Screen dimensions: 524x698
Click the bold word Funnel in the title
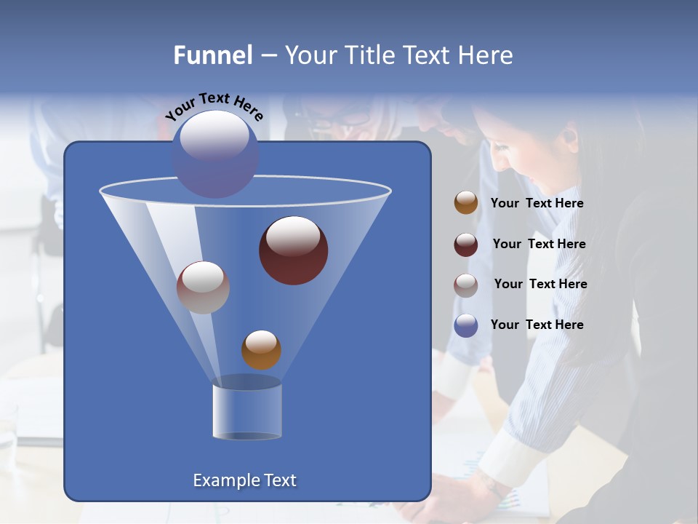tap(213, 55)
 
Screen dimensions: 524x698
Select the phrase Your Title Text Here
tap(398, 55)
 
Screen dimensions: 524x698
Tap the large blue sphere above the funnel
tap(214, 154)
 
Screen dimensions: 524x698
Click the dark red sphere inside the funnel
tap(293, 250)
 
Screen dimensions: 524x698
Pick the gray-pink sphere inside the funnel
tap(203, 287)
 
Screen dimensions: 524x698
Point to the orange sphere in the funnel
tap(261, 350)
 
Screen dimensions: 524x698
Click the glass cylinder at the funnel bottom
tap(246, 412)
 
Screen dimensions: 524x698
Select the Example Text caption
tap(244, 480)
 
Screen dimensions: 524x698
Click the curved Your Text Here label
tap(214, 106)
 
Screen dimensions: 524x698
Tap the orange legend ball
tap(466, 203)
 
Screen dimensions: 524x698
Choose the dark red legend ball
tap(466, 245)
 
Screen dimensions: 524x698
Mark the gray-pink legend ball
tap(466, 285)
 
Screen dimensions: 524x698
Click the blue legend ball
tap(466, 325)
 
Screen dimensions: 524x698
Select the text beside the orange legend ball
tap(537, 204)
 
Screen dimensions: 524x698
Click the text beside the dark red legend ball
tap(539, 245)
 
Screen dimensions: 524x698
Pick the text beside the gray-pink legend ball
tap(540, 285)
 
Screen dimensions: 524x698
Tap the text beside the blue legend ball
tap(537, 325)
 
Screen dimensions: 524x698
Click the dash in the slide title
tap(268, 56)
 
